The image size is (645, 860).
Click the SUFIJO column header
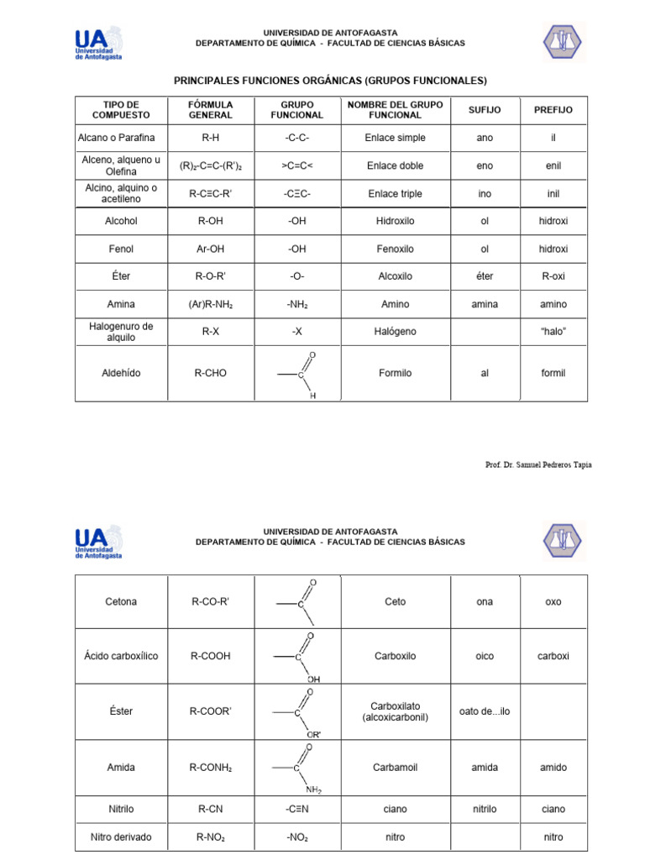(x=485, y=110)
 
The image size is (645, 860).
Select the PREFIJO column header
(x=553, y=110)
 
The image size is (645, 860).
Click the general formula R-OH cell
(x=210, y=222)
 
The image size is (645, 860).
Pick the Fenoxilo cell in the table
(x=395, y=249)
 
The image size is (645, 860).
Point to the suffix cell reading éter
(x=485, y=276)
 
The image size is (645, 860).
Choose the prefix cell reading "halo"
(x=553, y=332)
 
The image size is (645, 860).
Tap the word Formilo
(x=395, y=373)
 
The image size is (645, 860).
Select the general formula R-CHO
(x=210, y=373)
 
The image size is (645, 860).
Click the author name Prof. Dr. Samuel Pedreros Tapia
(x=538, y=465)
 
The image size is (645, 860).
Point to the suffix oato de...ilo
(x=485, y=711)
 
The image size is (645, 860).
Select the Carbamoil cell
(x=395, y=768)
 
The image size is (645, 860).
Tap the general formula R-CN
(x=210, y=810)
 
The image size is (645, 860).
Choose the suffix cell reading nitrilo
(x=485, y=810)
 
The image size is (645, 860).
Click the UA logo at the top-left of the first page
(x=98, y=44)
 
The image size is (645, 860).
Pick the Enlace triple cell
(x=395, y=194)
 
